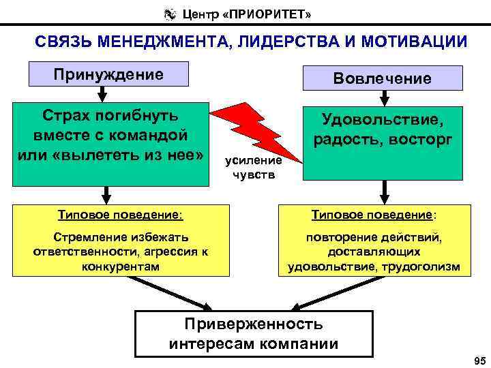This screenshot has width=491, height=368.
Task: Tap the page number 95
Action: click(x=477, y=359)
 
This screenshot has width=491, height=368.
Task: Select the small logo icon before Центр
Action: click(x=169, y=13)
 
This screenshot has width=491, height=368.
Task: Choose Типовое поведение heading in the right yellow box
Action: click(x=374, y=215)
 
